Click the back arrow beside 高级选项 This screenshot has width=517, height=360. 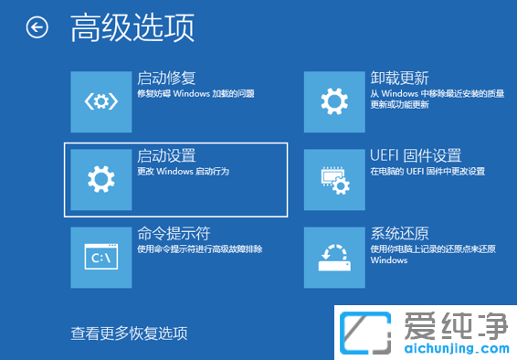[37, 28]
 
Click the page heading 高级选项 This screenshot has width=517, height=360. [132, 28]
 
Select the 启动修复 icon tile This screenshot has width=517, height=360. [100, 101]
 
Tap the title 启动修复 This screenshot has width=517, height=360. [165, 78]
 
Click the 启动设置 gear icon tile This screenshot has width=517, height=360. [100, 179]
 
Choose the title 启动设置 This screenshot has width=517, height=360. [165, 156]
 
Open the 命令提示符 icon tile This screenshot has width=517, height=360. [100, 258]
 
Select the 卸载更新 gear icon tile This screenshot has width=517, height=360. [334, 101]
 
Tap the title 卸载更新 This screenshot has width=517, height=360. [400, 78]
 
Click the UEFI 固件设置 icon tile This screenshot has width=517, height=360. [334, 179]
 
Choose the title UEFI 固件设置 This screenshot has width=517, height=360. [416, 156]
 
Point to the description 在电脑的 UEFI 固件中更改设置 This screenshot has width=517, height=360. [427, 172]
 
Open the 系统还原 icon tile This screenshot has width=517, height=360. [334, 258]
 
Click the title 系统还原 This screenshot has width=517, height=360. [400, 234]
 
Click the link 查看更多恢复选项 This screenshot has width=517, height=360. [130, 333]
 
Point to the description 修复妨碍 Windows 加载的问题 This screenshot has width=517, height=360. [195, 93]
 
